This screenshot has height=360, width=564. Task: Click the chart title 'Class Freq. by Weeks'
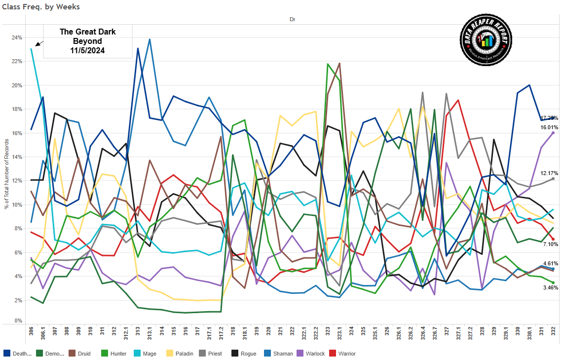click(x=41, y=7)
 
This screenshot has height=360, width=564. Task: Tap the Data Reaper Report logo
click(x=487, y=39)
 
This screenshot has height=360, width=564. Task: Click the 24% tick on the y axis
click(x=17, y=37)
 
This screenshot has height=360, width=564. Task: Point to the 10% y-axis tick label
click(x=17, y=205)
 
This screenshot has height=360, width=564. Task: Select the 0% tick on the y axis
click(x=18, y=321)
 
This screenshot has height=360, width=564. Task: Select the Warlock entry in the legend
click(x=310, y=354)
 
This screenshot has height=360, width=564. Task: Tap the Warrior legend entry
click(x=344, y=354)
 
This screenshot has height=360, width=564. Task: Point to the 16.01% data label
click(x=549, y=127)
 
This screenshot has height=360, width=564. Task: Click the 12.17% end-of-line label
click(x=549, y=173)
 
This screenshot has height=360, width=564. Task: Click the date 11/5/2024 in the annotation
click(x=88, y=50)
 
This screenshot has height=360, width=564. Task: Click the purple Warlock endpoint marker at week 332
click(x=553, y=133)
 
